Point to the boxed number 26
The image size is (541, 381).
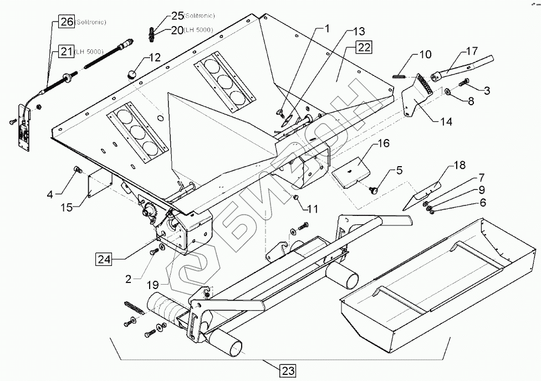(x=67, y=23)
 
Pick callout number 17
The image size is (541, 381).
(x=471, y=52)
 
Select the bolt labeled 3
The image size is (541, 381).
(x=464, y=83)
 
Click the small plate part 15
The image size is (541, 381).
(x=100, y=187)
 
